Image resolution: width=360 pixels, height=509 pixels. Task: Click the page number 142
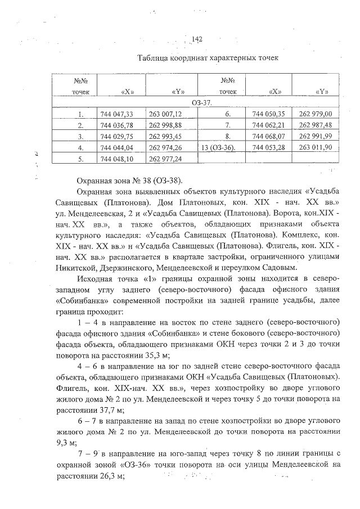[197, 39]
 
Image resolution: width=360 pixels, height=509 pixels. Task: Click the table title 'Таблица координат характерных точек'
[208, 58]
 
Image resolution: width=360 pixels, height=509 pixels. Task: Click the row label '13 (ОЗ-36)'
[218, 147]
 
